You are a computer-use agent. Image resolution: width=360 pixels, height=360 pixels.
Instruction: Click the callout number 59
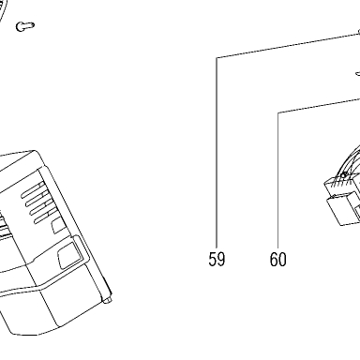tap(217, 259)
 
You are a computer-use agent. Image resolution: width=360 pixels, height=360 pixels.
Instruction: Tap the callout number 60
tap(277, 259)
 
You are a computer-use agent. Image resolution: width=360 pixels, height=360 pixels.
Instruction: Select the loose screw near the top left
tap(25, 26)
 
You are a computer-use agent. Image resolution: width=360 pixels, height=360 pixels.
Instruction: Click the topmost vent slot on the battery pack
tap(32, 190)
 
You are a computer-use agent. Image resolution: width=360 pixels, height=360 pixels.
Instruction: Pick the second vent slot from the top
tap(36, 199)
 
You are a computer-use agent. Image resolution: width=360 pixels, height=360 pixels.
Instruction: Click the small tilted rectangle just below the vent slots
tap(58, 225)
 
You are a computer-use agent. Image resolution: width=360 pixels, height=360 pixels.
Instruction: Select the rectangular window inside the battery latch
tap(67, 255)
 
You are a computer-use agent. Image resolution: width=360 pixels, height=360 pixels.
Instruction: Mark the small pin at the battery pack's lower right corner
tap(108, 300)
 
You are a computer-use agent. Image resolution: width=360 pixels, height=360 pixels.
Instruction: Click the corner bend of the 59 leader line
tap(217, 58)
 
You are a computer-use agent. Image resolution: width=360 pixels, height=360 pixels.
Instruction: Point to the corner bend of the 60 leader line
tap(278, 112)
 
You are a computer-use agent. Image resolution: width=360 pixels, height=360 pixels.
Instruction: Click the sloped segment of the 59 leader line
tap(288, 46)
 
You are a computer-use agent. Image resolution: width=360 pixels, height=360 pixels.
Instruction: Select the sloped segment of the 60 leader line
tap(319, 105)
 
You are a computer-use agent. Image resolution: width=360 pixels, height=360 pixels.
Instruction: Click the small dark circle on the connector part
tap(343, 175)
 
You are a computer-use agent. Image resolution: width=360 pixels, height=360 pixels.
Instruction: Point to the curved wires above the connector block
tap(350, 161)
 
